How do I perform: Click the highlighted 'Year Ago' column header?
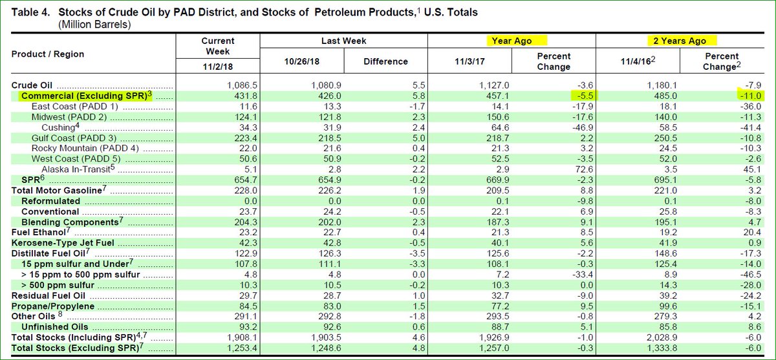[x=512, y=41]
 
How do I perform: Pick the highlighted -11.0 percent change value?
[x=751, y=96]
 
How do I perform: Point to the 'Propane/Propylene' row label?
[x=53, y=306]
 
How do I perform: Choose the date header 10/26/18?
[x=301, y=61]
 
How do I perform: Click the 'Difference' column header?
[x=385, y=61]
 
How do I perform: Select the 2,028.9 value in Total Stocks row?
[x=657, y=337]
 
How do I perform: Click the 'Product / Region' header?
[x=48, y=54]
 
